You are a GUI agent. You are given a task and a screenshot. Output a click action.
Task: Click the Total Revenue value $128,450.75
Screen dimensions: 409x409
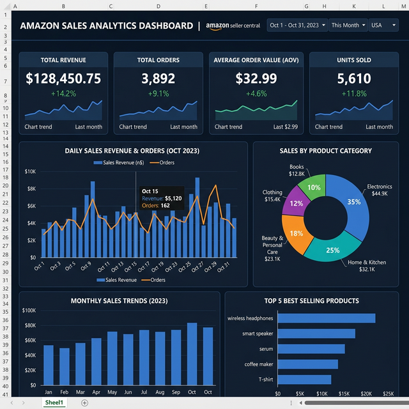click(x=63, y=79)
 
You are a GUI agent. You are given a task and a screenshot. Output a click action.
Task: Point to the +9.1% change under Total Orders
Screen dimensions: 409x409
click(x=158, y=93)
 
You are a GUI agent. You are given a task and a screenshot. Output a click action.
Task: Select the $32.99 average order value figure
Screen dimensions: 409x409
click(x=256, y=79)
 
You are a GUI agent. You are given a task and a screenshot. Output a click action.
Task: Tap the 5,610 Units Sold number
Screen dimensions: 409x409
click(x=354, y=79)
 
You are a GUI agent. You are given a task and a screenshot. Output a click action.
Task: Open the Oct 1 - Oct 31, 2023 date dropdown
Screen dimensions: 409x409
click(x=298, y=26)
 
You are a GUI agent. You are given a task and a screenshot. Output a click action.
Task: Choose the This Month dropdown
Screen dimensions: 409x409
click(x=348, y=26)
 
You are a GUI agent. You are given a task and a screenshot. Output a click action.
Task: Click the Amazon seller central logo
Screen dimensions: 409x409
click(x=233, y=26)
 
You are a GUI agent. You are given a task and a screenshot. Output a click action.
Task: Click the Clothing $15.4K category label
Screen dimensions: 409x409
click(x=272, y=196)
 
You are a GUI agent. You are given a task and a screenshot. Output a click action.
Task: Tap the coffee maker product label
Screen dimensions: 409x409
click(x=259, y=364)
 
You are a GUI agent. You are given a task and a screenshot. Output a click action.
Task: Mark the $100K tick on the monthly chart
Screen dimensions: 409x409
click(x=29, y=311)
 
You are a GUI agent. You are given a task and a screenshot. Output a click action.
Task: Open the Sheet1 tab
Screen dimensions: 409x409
click(x=54, y=403)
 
